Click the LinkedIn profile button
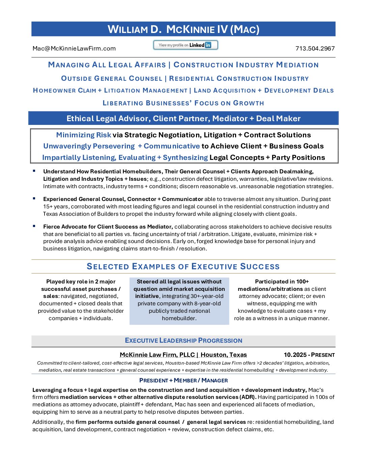click(186, 45)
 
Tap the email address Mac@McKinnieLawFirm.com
click(74, 48)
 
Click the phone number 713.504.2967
click(315, 48)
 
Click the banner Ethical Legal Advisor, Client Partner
click(183, 118)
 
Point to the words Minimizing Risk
click(83, 135)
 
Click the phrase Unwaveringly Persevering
click(89, 146)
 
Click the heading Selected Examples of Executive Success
click(183, 267)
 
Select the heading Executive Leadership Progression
click(183, 340)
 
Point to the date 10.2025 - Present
click(309, 355)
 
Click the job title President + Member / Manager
click(183, 380)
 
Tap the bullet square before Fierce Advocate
click(34, 226)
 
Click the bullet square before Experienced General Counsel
click(34, 199)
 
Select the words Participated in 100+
click(282, 281)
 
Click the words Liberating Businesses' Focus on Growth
click(183, 103)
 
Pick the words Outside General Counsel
click(112, 78)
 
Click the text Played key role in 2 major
click(81, 281)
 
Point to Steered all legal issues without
click(179, 281)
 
